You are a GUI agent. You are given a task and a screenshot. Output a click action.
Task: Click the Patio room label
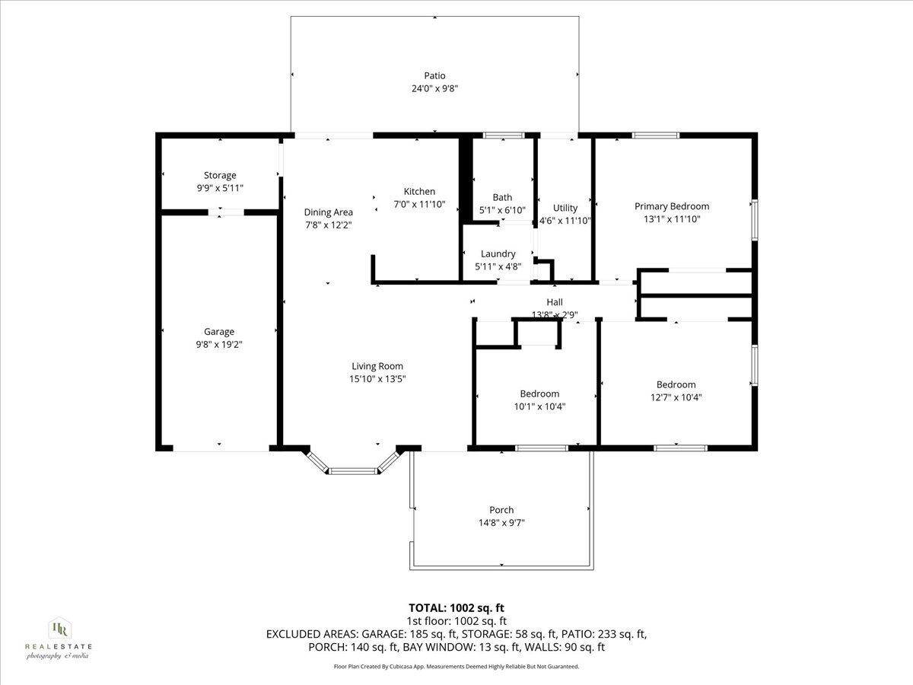434,75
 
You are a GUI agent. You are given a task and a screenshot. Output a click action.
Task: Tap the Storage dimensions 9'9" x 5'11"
219,187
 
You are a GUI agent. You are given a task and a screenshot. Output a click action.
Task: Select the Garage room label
219,332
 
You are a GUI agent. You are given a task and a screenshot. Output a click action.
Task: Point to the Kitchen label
419,192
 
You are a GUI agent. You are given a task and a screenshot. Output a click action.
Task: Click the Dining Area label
328,212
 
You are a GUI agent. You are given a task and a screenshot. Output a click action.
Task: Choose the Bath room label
502,197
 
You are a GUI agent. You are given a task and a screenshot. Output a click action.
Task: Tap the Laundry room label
498,253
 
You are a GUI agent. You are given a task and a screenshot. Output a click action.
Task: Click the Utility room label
565,208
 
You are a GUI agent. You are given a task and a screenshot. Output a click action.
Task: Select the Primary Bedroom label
672,206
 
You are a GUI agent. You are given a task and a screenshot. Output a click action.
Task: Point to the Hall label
555,302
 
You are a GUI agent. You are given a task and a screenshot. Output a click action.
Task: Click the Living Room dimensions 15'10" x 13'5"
377,378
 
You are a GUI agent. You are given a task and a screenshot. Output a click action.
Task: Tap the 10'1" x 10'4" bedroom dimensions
539,406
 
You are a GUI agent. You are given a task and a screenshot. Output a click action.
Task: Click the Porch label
501,510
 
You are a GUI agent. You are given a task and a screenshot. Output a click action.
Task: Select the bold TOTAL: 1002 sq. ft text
456,607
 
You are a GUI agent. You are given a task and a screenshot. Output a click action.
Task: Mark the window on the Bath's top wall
504,135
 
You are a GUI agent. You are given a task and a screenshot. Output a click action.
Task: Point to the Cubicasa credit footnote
456,667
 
